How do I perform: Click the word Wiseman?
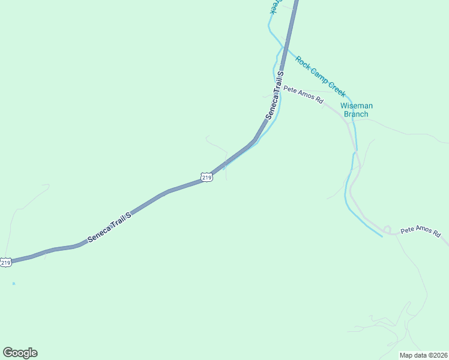357,106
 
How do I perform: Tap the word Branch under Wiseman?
357,114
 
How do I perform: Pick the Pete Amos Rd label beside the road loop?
421,230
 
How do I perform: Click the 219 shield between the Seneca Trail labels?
206,177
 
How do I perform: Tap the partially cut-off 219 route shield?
5,262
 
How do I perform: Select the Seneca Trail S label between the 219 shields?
109,227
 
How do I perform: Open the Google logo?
20,353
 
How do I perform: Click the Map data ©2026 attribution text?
423,355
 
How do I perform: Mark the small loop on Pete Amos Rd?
387,229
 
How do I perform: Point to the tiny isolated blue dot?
13,283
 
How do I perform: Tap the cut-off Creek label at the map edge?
274,7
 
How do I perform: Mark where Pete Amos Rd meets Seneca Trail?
280,88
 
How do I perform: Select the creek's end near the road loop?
382,236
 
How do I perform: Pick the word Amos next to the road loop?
423,230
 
